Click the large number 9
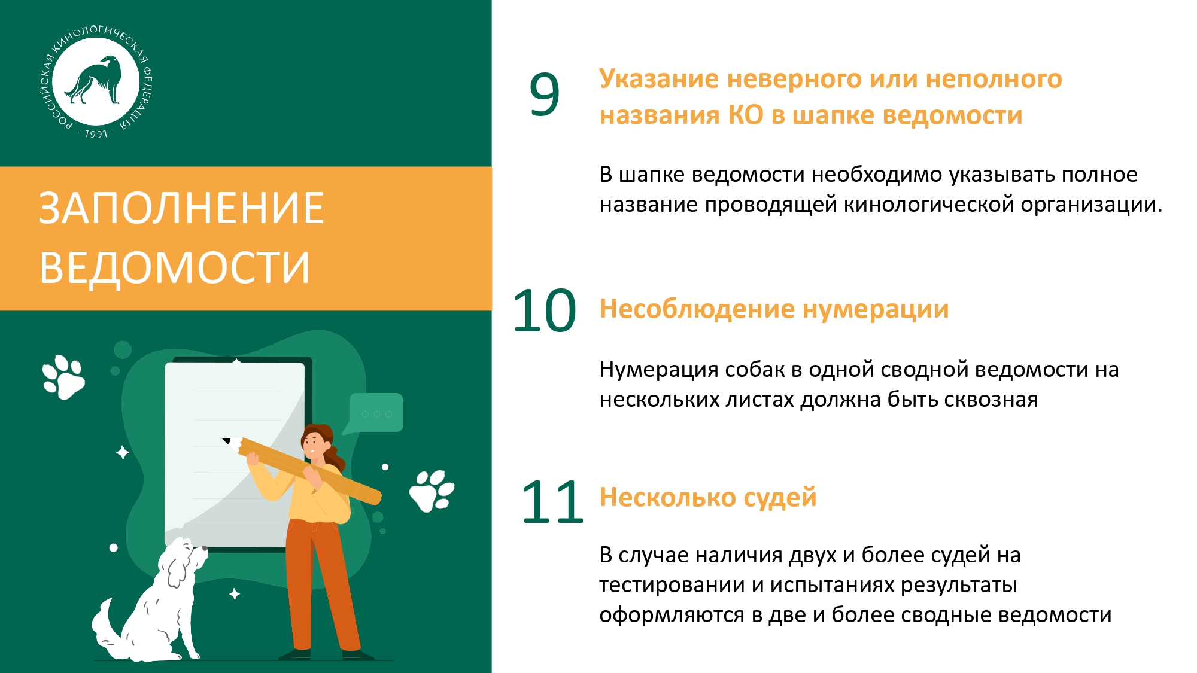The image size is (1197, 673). pyautogui.click(x=544, y=95)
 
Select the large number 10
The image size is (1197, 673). pyautogui.click(x=544, y=310)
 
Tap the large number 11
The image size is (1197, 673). pyautogui.click(x=552, y=503)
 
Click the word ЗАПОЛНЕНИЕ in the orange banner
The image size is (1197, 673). pyautogui.click(x=181, y=208)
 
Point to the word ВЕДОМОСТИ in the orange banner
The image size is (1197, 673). pyautogui.click(x=175, y=267)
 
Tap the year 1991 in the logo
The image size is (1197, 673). pyautogui.click(x=96, y=134)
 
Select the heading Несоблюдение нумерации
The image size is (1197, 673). pyautogui.click(x=774, y=310)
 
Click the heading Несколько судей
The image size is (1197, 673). pyautogui.click(x=708, y=498)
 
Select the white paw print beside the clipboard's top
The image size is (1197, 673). pyautogui.click(x=63, y=377)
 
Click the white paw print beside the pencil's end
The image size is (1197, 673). pyautogui.click(x=432, y=491)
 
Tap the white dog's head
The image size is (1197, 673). pyautogui.click(x=183, y=559)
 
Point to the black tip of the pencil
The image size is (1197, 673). pyautogui.click(x=226, y=441)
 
